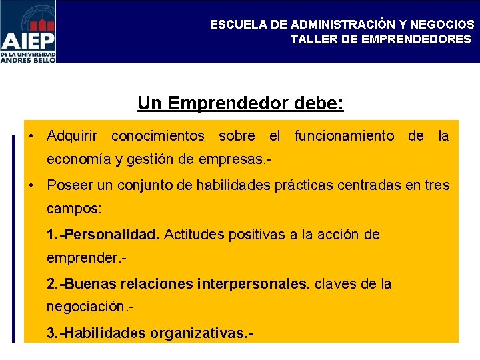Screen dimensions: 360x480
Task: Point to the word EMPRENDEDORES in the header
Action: (415, 39)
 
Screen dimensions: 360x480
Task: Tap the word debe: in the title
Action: (320, 103)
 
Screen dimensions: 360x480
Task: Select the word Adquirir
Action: (72, 137)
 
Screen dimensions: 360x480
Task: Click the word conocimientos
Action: (158, 137)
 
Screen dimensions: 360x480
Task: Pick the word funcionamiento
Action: (344, 137)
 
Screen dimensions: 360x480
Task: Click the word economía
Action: (74, 161)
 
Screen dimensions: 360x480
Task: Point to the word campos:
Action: (74, 209)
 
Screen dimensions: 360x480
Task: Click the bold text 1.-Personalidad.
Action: (103, 235)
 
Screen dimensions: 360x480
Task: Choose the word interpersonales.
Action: (253, 284)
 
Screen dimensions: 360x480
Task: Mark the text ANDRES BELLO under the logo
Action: (28, 59)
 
